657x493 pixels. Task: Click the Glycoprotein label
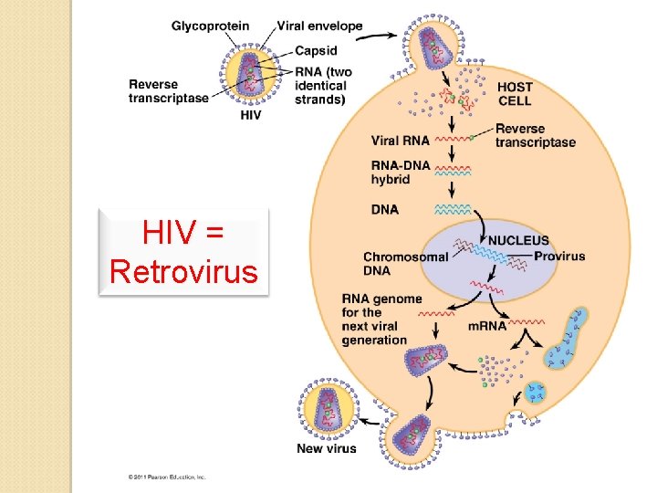coord(211,26)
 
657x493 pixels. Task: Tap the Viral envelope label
coord(319,26)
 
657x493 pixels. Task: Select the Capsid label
coord(316,50)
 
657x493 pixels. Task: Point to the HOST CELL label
coord(515,93)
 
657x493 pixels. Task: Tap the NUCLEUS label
coord(518,241)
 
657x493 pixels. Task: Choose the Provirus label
coord(559,257)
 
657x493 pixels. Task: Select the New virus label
coord(327,448)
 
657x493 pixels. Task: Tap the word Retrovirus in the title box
coord(183,271)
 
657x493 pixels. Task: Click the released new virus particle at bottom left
coord(327,407)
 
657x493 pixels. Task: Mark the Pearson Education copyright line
coord(167,477)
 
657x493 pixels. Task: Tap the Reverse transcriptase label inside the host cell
coord(535,135)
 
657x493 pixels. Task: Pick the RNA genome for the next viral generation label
coord(381,320)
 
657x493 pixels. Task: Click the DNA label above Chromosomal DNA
coord(385,209)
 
